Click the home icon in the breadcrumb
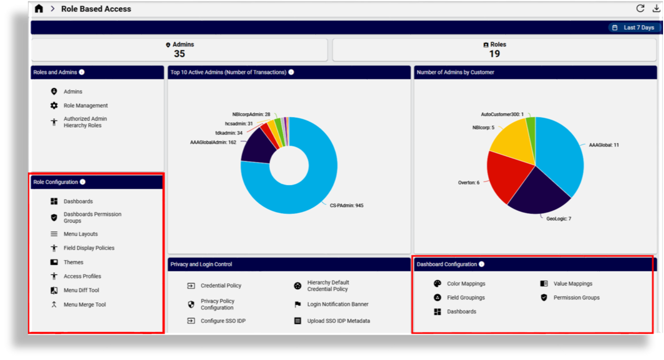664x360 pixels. [39, 9]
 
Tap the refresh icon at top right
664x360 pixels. [640, 8]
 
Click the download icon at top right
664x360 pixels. [656, 8]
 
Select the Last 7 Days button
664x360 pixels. [634, 28]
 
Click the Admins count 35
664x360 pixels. [179, 54]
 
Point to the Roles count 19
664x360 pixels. [494, 54]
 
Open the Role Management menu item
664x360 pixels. [85, 105]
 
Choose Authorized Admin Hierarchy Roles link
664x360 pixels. [85, 122]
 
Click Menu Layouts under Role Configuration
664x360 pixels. [81, 234]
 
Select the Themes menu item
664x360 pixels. [74, 262]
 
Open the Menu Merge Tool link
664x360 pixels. [84, 305]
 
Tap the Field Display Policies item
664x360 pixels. [89, 248]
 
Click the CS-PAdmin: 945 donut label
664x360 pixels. [346, 205]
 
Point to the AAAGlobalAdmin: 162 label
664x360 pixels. [213, 142]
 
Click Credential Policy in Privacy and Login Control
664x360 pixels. [221, 286]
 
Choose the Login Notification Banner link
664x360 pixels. [337, 304]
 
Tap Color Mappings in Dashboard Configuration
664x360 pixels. [466, 284]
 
